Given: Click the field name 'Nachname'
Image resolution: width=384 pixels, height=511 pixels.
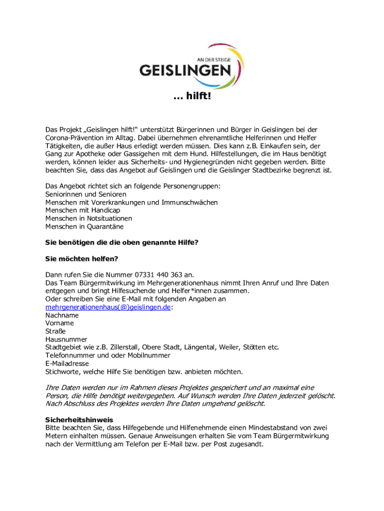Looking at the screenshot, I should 62,315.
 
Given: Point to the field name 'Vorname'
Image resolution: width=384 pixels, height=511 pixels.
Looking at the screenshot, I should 59,323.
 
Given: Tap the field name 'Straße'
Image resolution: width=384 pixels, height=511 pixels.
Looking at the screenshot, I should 55,331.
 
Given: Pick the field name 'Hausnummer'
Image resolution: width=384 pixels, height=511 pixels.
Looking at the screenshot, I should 66,339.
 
